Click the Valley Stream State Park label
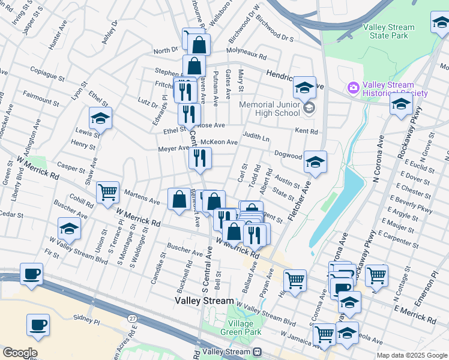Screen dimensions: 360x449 point(388,31)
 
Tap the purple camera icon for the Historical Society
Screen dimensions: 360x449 point(353,89)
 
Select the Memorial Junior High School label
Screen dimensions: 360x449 point(269,109)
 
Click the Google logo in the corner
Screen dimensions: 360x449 point(19,353)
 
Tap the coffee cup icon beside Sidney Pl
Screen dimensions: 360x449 point(38,325)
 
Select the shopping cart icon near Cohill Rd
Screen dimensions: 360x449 point(107,192)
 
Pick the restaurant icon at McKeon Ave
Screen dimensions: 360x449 point(200,158)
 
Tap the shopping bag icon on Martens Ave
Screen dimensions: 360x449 point(179,199)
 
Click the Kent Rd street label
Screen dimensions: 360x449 point(306,131)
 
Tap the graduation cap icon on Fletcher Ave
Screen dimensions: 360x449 point(315,161)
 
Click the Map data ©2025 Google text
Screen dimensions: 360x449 point(411,355)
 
